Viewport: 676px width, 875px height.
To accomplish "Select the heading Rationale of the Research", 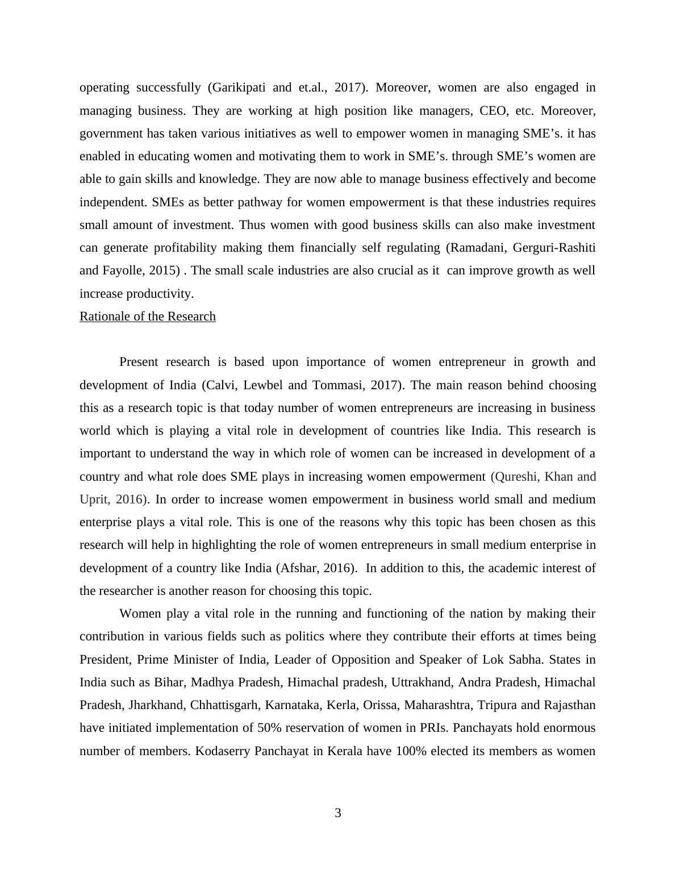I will click(x=148, y=316).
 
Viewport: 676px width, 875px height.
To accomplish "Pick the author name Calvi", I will click(x=226, y=385).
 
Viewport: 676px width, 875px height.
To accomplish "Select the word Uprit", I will click(x=94, y=499).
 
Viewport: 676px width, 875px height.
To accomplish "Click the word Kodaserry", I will click(x=223, y=751).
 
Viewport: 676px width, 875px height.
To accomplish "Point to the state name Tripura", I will click(x=496, y=705).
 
